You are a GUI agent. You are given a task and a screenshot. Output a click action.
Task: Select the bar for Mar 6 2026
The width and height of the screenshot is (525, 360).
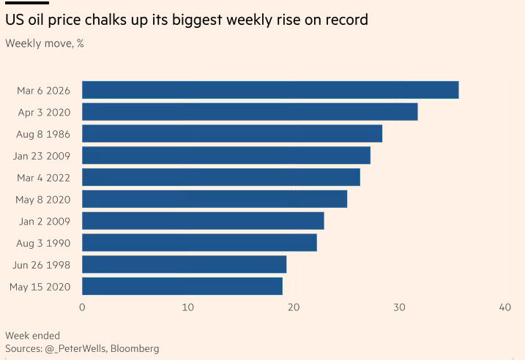270,90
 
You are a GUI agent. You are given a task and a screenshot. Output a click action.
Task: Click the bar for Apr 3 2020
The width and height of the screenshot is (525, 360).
250,112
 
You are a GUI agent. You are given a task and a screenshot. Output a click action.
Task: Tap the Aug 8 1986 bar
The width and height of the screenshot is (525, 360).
232,133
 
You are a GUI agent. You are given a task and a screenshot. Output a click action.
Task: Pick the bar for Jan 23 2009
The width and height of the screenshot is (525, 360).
226,155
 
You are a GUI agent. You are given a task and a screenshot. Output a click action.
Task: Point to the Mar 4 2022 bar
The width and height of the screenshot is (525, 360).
221,177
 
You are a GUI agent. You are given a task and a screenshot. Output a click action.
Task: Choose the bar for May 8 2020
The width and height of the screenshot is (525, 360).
215,199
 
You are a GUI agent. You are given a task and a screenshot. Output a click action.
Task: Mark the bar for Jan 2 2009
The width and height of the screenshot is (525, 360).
203,221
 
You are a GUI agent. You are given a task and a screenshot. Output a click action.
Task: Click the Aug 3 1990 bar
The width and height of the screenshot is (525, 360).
199,242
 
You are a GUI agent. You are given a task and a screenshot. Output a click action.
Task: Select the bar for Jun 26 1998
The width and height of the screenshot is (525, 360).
184,264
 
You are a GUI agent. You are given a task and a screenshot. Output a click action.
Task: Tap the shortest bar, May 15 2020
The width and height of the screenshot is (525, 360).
182,286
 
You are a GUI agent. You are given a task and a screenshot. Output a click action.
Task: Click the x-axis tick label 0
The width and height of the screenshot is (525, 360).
82,307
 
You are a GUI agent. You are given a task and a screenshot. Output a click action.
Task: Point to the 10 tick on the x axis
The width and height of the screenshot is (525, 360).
187,307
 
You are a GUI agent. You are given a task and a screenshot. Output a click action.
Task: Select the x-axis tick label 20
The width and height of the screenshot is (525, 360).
294,307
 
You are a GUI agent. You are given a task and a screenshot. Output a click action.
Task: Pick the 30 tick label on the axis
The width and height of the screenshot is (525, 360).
399,307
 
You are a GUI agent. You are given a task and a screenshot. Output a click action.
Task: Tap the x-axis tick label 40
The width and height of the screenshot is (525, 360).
504,307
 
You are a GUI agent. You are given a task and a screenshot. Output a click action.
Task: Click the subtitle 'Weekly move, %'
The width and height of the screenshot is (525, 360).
45,43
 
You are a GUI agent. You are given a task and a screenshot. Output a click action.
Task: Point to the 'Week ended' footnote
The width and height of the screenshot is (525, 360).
33,336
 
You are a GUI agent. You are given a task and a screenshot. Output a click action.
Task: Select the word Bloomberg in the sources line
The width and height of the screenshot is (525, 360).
135,348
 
